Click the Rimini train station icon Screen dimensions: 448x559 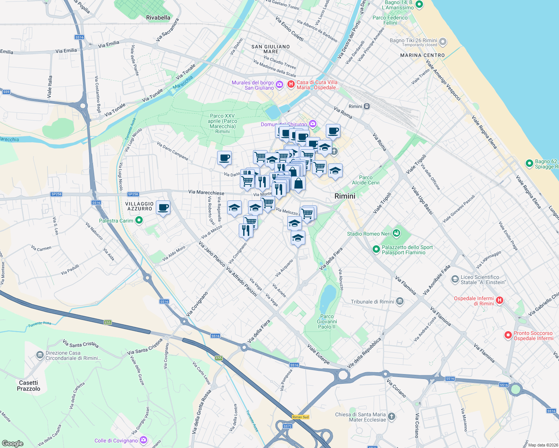click(367, 106)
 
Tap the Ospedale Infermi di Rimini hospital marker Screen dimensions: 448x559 click(500, 300)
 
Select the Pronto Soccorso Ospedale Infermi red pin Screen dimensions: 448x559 click(508, 335)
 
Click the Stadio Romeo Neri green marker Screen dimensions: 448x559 click(397, 234)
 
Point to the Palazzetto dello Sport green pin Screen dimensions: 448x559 click(376, 249)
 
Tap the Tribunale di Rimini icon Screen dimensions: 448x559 click(400, 301)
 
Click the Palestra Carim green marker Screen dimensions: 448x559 click(139, 221)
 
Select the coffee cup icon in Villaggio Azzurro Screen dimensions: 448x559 click(163, 207)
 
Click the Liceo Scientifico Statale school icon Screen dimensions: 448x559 click(455, 279)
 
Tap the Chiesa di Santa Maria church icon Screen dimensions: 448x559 click(391, 416)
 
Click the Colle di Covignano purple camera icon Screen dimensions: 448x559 click(143, 440)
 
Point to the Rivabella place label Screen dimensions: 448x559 click(158, 18)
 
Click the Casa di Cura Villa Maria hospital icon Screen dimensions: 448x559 click(291, 84)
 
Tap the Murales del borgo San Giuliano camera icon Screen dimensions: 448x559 click(279, 85)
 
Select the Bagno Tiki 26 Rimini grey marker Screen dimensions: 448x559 click(443, 42)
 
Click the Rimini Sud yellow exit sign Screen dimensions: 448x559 click(300, 417)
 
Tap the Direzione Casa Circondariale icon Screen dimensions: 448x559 click(40, 355)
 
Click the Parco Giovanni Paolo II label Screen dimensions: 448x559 click(327, 321)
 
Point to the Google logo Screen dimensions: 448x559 click(12, 444)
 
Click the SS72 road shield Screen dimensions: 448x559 click(287, 426)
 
